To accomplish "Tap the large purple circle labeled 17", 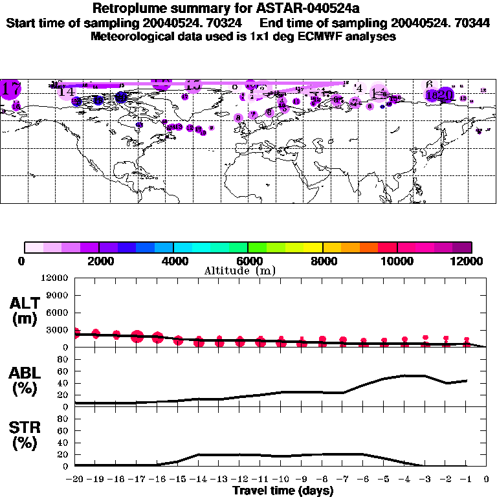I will click(11, 89).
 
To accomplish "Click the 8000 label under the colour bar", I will click(322, 261).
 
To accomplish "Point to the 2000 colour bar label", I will click(99, 261).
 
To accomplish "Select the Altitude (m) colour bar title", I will click(240, 271).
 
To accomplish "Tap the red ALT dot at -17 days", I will click(137, 336).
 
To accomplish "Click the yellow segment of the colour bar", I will click(313, 247).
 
